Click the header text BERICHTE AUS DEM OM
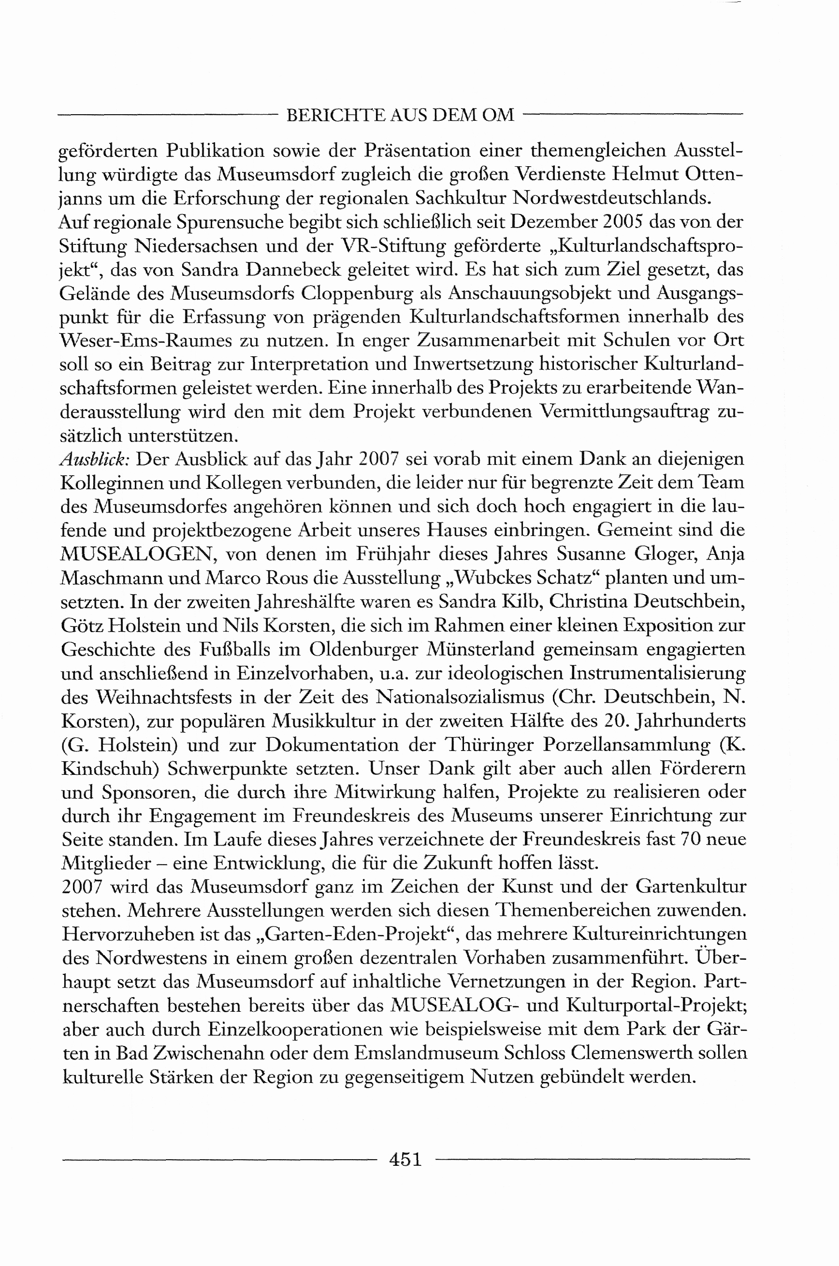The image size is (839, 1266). click(x=400, y=115)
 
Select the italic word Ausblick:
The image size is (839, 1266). click(x=95, y=459)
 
